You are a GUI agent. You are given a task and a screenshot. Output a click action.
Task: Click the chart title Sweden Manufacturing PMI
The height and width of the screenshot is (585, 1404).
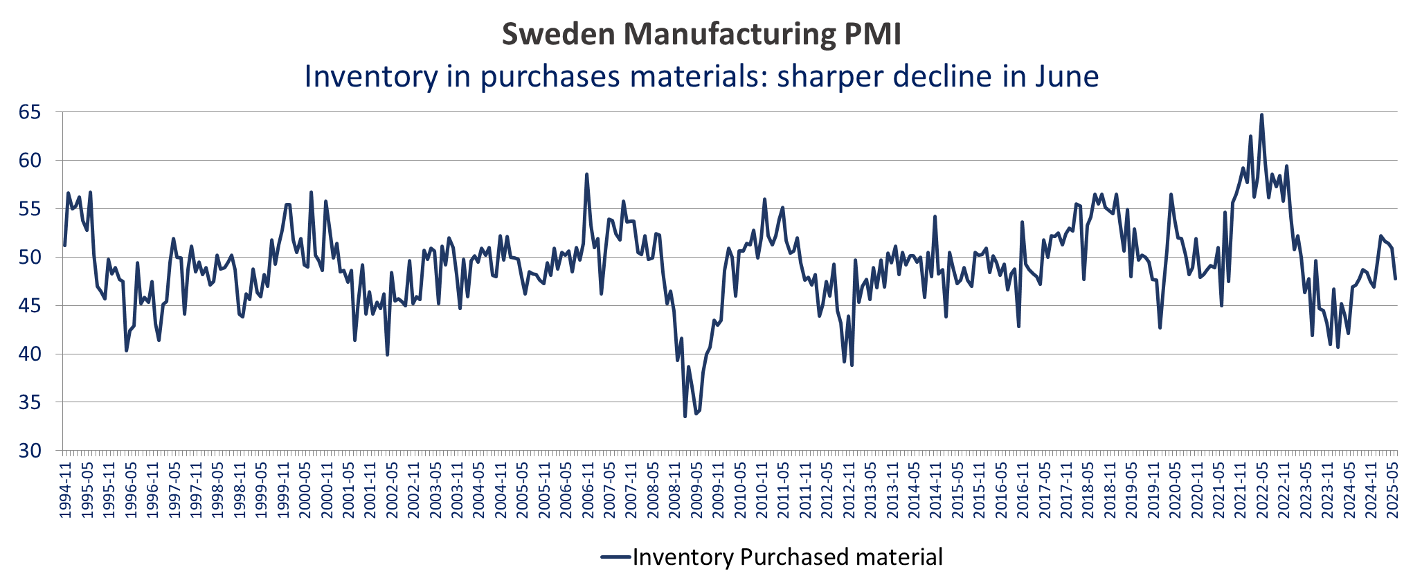tap(701, 34)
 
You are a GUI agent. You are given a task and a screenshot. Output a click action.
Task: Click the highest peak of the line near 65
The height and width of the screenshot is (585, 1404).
tap(1261, 115)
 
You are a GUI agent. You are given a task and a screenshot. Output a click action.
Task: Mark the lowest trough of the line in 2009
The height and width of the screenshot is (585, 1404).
tap(685, 416)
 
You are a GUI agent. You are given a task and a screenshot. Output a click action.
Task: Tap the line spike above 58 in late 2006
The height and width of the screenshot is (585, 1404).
tap(586, 174)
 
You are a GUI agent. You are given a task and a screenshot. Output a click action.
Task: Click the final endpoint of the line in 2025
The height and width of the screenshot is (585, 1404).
tap(1395, 278)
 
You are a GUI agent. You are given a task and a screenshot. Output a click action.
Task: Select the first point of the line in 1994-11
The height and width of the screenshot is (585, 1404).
tap(64, 245)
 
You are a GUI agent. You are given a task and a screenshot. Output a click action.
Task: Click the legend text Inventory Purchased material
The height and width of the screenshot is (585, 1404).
tap(787, 557)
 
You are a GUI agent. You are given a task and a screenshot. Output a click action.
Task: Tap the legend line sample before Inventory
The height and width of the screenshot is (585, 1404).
tap(615, 557)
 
